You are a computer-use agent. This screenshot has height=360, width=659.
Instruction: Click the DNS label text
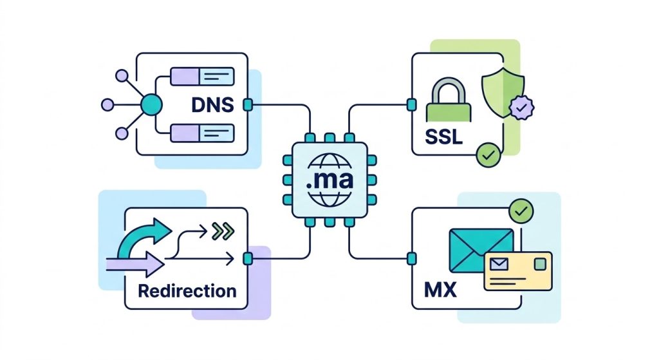(x=212, y=104)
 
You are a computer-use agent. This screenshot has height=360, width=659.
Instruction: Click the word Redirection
(x=187, y=290)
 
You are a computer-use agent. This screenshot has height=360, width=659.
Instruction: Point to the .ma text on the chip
(x=329, y=179)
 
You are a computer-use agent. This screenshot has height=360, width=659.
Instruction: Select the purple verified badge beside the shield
(x=520, y=108)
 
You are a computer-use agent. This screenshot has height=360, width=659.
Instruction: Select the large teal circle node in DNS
(x=150, y=104)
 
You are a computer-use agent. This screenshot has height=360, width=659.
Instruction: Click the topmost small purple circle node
(x=122, y=75)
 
